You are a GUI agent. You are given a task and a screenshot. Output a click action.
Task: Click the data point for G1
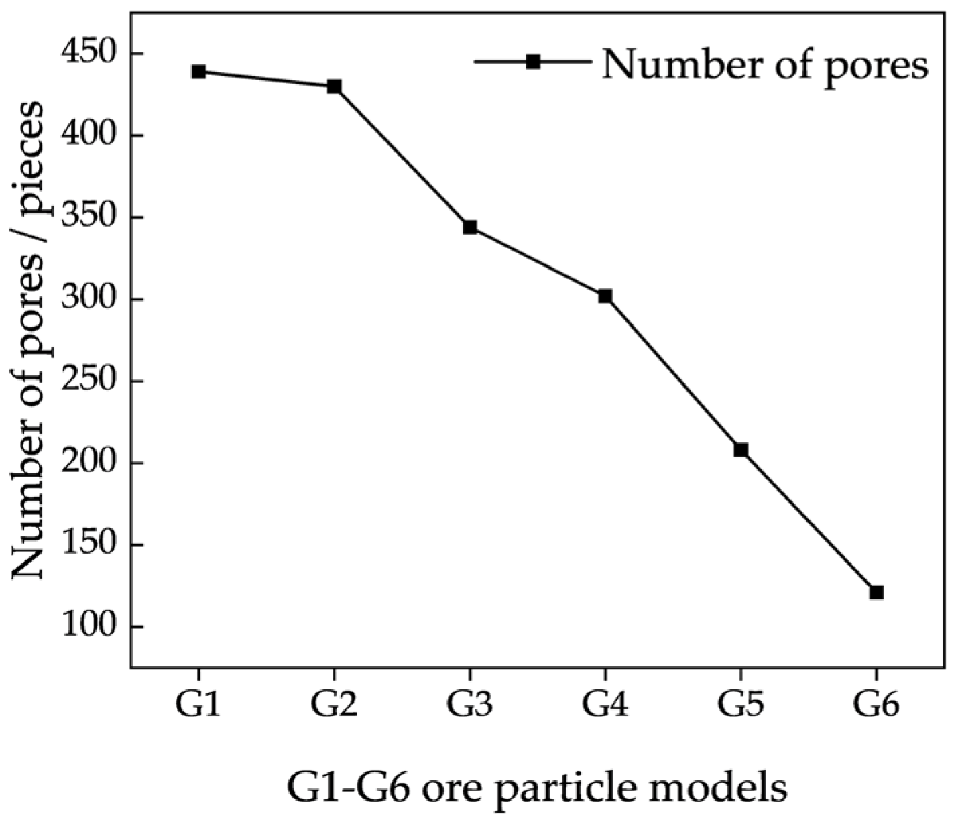click(198, 72)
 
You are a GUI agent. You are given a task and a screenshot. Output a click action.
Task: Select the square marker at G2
click(334, 86)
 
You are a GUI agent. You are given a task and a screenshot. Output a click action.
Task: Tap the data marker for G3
click(470, 227)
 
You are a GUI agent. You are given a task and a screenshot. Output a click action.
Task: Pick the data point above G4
click(605, 296)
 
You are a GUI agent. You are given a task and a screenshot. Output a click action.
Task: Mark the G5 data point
click(741, 450)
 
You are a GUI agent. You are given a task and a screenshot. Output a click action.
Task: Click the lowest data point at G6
click(876, 592)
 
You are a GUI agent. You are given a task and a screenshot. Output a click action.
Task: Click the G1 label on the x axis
click(198, 705)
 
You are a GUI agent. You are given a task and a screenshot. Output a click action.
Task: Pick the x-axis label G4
click(605, 705)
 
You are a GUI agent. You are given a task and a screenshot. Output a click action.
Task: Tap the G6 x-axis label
click(876, 705)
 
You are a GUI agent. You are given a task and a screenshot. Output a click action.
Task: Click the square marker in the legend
click(533, 62)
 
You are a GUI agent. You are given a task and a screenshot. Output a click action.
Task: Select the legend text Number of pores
click(764, 64)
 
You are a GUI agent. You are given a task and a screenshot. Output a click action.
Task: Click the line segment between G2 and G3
click(402, 157)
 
